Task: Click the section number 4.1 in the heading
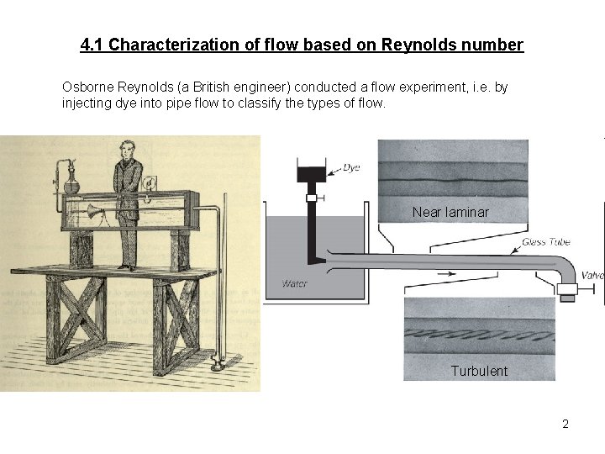pyautogui.click(x=92, y=45)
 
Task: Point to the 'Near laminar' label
pyautogui.click(x=450, y=212)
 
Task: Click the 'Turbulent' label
pyautogui.click(x=479, y=371)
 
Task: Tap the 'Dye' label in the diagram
pyautogui.click(x=350, y=168)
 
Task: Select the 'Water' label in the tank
pyautogui.click(x=295, y=283)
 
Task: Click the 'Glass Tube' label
pyautogui.click(x=545, y=242)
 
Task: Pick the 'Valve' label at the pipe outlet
pyautogui.click(x=592, y=276)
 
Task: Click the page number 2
pyautogui.click(x=566, y=424)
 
